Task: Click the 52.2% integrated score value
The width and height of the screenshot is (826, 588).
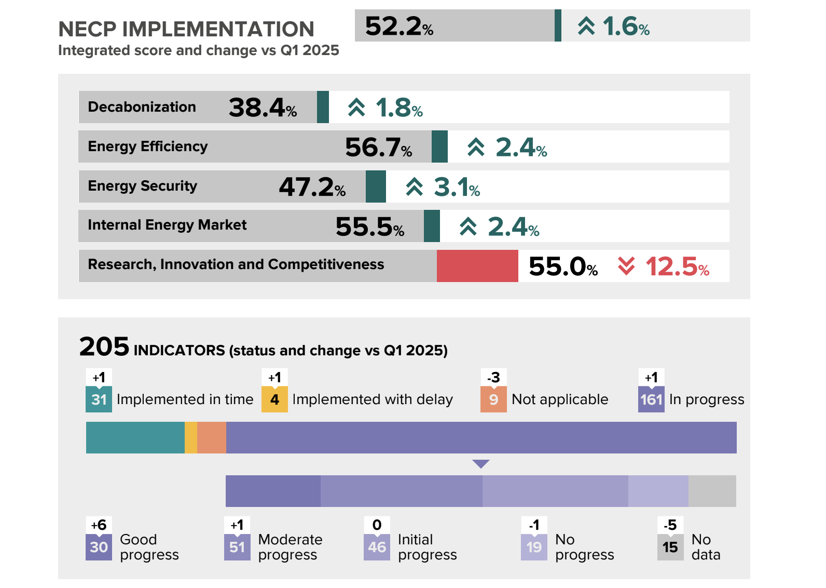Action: click(x=398, y=26)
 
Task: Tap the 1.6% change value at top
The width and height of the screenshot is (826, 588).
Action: click(x=626, y=26)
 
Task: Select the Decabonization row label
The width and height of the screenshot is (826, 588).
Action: click(x=142, y=107)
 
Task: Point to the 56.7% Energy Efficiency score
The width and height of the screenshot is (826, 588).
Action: click(x=378, y=148)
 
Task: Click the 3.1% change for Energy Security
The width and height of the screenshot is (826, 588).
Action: click(x=457, y=187)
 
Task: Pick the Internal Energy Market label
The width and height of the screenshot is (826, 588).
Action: click(x=167, y=225)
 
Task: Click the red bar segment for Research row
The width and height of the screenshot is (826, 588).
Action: click(x=477, y=266)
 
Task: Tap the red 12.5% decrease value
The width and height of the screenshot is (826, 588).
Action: click(x=677, y=267)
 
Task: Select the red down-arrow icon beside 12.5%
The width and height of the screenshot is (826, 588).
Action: click(x=626, y=266)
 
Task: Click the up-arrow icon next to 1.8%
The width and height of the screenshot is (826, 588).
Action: click(x=356, y=108)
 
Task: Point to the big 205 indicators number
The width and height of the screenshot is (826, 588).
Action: click(x=104, y=346)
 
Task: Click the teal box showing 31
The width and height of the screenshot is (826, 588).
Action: click(x=99, y=399)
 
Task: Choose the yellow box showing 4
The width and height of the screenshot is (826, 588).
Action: click(x=274, y=399)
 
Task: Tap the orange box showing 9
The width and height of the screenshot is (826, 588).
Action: click(x=493, y=399)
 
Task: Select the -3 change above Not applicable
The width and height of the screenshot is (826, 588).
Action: click(x=493, y=378)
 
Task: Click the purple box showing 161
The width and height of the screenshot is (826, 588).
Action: click(x=651, y=399)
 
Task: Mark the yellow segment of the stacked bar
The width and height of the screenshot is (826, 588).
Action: click(x=191, y=438)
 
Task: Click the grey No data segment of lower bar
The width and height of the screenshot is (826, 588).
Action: click(x=712, y=491)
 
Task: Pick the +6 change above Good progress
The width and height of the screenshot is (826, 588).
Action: click(x=99, y=525)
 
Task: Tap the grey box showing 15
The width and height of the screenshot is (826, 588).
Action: click(x=670, y=547)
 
